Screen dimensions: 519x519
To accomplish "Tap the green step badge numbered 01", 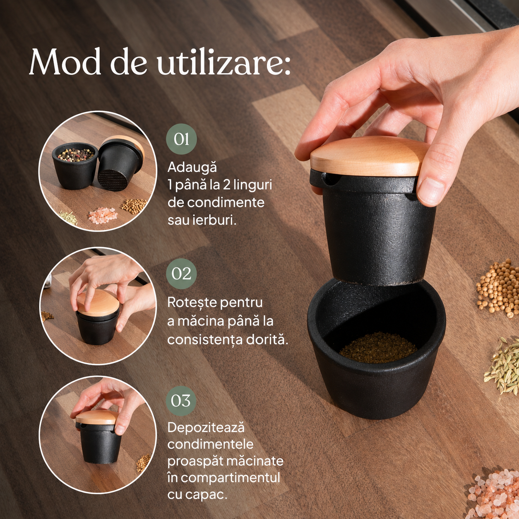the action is click(x=181, y=139).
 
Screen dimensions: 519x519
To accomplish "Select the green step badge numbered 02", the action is click(x=181, y=274).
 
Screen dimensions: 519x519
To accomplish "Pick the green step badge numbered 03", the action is click(x=181, y=401).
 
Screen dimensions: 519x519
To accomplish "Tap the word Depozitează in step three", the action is click(x=206, y=428).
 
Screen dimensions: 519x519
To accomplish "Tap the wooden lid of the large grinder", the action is click(x=369, y=156).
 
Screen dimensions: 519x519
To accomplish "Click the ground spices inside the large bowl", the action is click(x=378, y=348).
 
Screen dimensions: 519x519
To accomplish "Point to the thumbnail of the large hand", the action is click(x=431, y=192).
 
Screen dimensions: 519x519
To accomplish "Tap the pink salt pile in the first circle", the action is click(x=103, y=216).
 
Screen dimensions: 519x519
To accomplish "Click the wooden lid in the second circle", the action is click(x=98, y=303).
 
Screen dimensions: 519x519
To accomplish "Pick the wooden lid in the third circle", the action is click(x=97, y=418).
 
